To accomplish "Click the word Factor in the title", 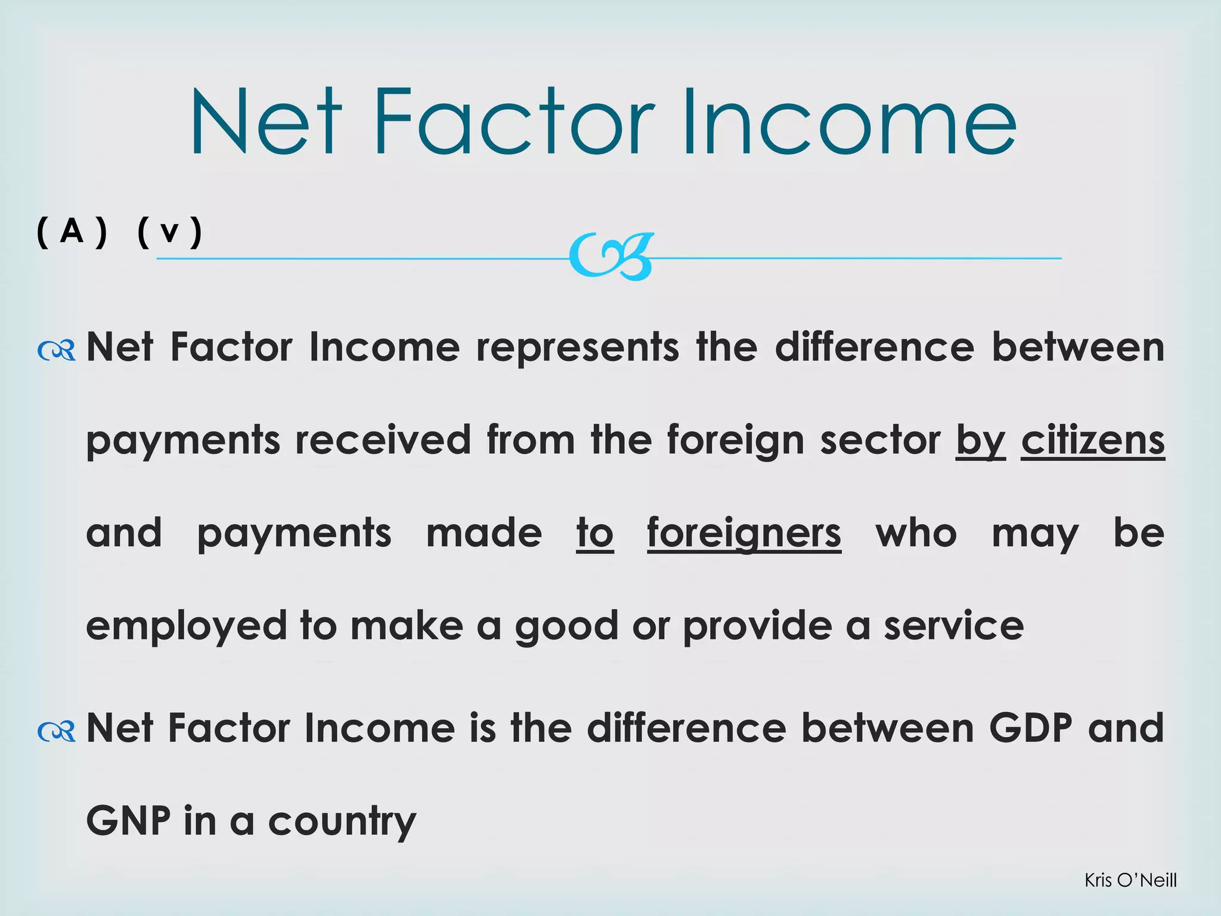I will [514, 122].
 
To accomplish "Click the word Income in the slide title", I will [849, 122].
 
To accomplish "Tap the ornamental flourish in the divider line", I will [612, 257].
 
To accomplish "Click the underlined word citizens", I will [1092, 441].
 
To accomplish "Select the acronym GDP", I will [1030, 728].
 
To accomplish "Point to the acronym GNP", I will [128, 821].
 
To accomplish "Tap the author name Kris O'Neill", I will [1130, 880].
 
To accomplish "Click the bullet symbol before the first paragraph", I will [56, 351].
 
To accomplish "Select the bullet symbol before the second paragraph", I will [56, 731].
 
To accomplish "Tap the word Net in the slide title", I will [266, 122].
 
